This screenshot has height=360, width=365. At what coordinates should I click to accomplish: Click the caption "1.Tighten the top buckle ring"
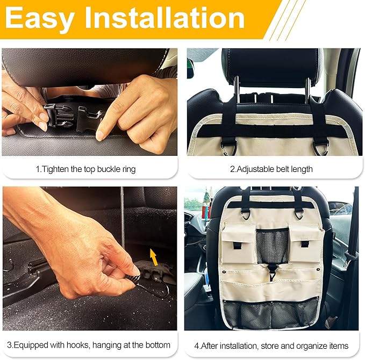pyautogui.click(x=86, y=169)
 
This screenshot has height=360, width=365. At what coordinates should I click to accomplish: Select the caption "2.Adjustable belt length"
pyautogui.click(x=271, y=169)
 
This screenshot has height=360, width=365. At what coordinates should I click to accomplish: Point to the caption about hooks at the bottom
pyautogui.click(x=89, y=345)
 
